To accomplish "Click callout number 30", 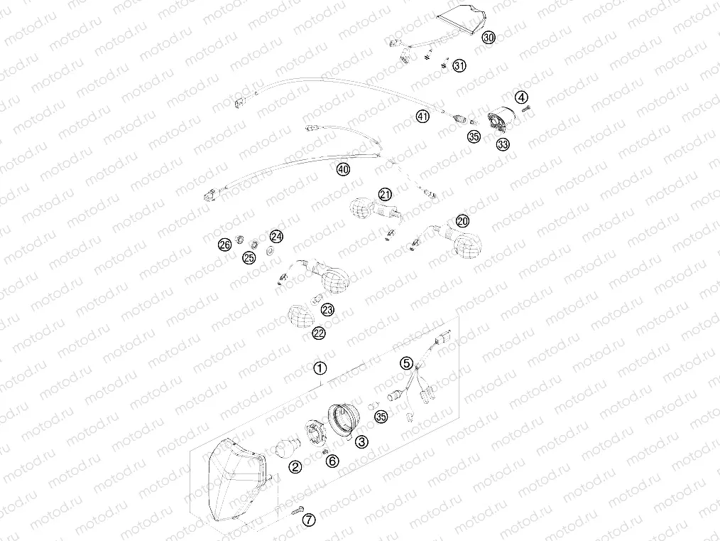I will tap(487, 38).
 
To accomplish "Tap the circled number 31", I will tap(459, 66).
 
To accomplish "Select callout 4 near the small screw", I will tap(522, 97).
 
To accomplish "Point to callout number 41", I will tap(423, 117).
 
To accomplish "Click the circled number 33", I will tap(503, 144).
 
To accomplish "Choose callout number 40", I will tap(343, 169).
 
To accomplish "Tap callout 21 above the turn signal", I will tap(385, 194).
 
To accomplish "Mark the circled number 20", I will tap(462, 221).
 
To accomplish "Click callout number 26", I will tap(224, 245).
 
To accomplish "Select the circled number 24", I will tap(276, 237).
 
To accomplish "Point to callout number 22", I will tap(319, 333).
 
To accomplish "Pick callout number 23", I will tap(327, 309).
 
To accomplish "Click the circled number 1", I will tap(320, 368).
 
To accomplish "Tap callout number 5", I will tap(406, 363).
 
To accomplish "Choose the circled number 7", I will tap(308, 520).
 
